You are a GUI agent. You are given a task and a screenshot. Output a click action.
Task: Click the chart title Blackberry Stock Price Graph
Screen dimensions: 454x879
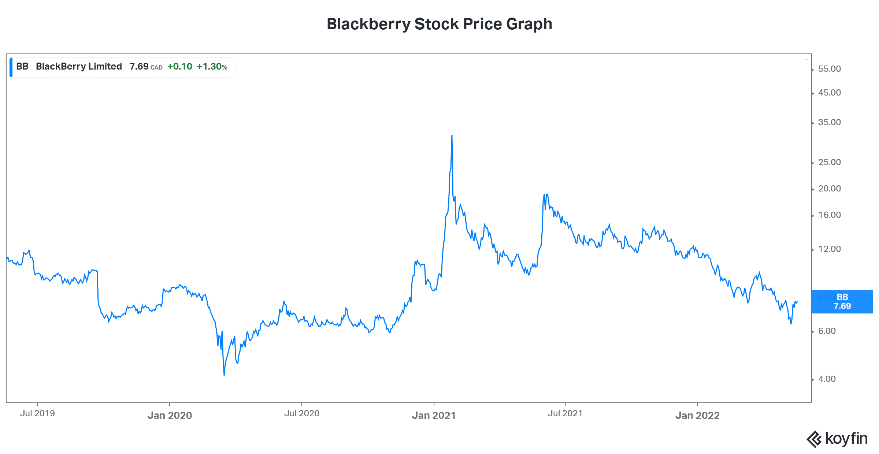[439, 24]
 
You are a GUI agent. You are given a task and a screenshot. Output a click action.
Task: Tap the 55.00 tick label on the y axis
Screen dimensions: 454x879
[829, 69]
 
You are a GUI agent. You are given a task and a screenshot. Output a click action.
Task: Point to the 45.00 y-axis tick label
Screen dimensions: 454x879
[829, 93]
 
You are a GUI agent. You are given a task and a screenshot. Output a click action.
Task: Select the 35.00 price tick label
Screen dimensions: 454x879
[829, 122]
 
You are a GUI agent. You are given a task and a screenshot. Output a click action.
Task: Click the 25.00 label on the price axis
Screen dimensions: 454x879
[829, 162]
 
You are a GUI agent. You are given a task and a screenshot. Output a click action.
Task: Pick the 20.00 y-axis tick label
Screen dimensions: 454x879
[829, 189]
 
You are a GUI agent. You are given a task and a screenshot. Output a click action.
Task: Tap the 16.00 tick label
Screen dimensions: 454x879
[829, 215]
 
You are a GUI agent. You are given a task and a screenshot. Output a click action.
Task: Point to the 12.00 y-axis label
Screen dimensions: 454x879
[829, 249]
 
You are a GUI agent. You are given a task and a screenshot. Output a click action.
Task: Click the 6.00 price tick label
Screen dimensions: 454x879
[827, 331]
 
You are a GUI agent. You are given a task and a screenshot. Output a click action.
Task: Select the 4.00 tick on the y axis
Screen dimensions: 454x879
[827, 379]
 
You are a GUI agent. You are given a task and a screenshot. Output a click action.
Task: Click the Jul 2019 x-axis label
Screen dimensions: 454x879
[37, 413]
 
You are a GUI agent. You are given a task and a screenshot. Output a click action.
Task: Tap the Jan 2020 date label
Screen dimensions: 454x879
[170, 415]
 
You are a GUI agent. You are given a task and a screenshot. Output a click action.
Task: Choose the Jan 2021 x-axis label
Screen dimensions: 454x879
[434, 415]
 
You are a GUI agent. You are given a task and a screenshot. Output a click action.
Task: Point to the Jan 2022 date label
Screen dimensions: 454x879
[697, 415]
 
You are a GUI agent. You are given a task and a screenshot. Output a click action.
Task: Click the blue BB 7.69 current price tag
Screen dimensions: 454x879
[842, 302]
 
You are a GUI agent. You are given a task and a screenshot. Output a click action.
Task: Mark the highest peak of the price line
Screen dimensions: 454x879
[452, 136]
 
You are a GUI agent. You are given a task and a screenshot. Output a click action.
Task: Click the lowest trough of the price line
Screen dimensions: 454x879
[224, 375]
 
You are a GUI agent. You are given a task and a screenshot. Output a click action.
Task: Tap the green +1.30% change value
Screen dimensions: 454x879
[212, 67]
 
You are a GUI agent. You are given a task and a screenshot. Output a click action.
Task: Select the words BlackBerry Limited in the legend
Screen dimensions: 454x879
[79, 66]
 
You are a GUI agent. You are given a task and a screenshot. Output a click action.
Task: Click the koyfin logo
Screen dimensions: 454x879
[837, 439]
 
